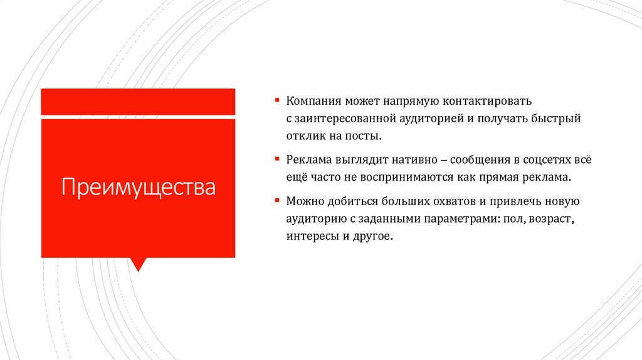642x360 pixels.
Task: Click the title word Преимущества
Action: click(138, 188)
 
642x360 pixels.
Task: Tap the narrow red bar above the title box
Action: click(138, 102)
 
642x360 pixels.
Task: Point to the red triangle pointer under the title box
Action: click(138, 263)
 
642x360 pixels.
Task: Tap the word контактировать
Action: click(487, 100)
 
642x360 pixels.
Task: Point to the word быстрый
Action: click(559, 118)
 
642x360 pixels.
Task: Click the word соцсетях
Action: click(545, 160)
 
